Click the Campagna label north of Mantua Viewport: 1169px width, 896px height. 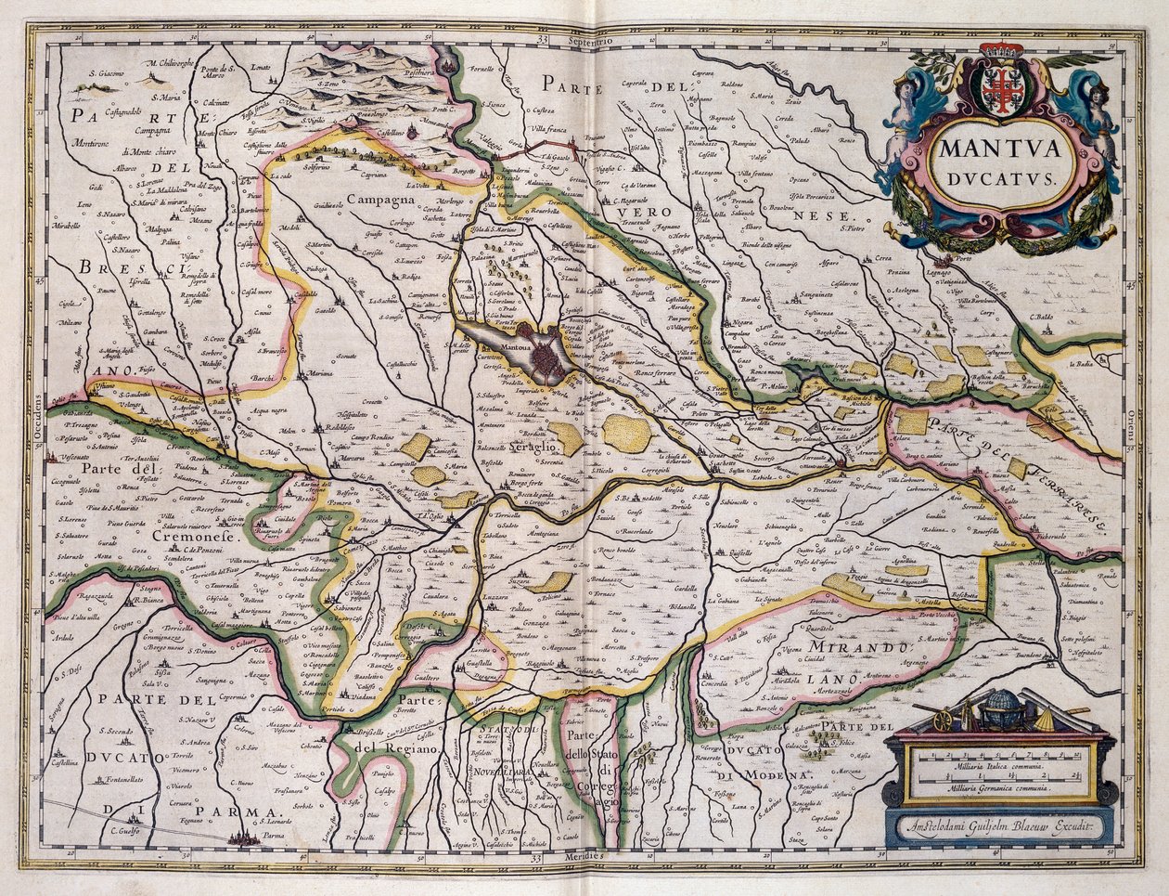pyautogui.click(x=380, y=199)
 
